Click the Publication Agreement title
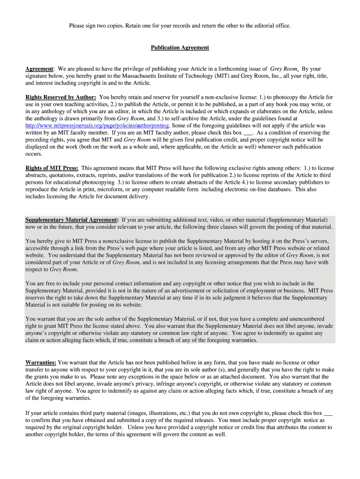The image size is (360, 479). pos(180,48)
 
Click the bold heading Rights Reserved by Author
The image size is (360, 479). pos(60,97)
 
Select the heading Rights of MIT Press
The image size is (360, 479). pos(51,168)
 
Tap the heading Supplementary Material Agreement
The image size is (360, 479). pos(71,220)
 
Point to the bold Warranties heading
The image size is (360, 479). pos(41,363)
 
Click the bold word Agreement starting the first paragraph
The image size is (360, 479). pos(39,69)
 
